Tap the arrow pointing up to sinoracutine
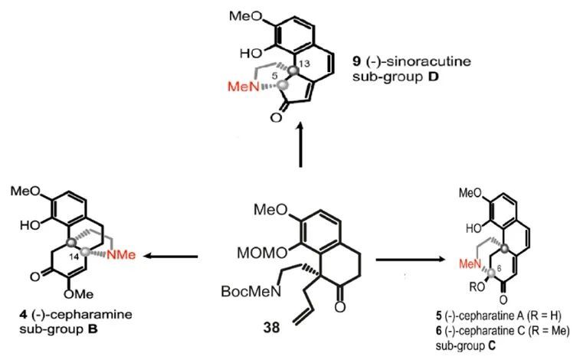coord(300,146)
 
